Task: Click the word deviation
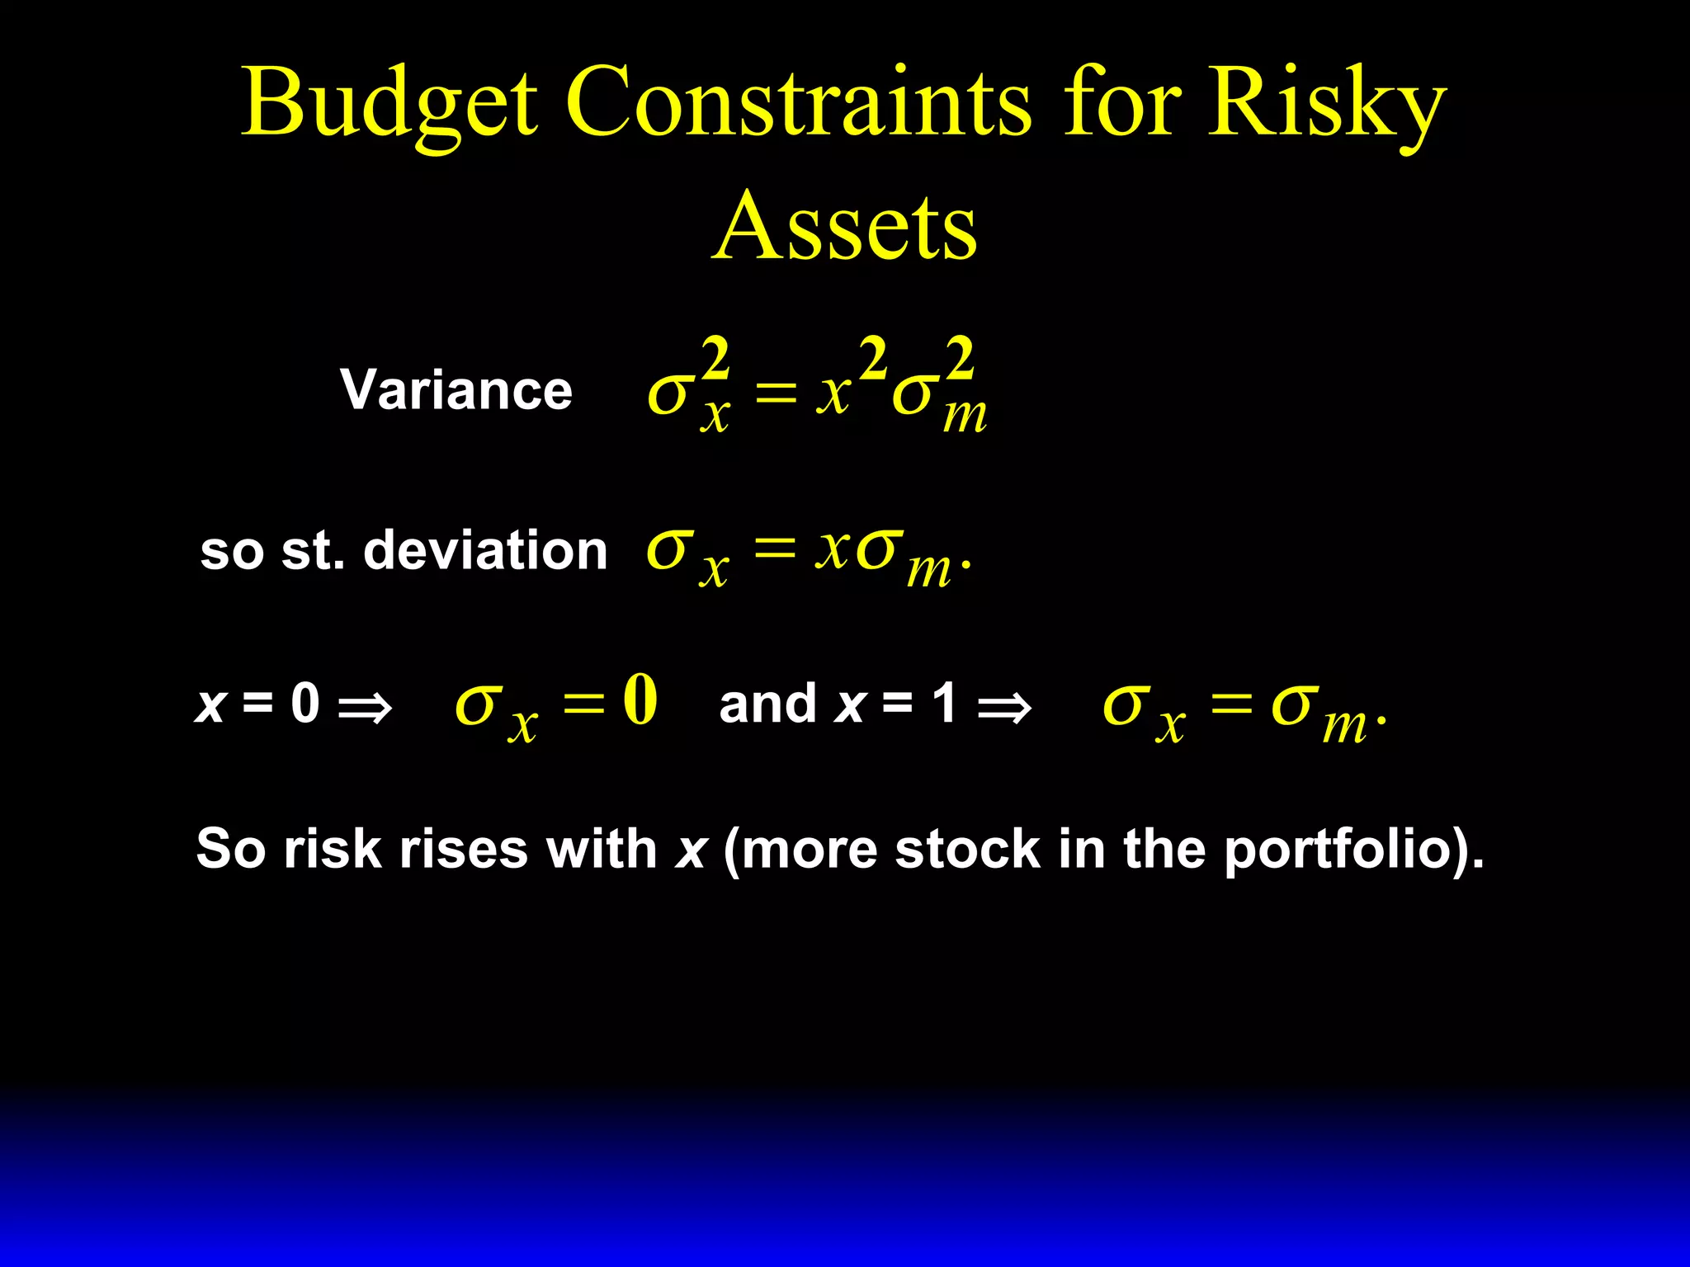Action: point(485,550)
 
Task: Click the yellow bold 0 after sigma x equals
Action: point(640,700)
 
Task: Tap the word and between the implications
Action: point(767,704)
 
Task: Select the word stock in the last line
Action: point(967,850)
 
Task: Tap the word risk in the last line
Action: point(332,850)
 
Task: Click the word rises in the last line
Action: point(463,850)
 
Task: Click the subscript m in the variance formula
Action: point(965,417)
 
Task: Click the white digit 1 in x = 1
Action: point(944,704)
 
